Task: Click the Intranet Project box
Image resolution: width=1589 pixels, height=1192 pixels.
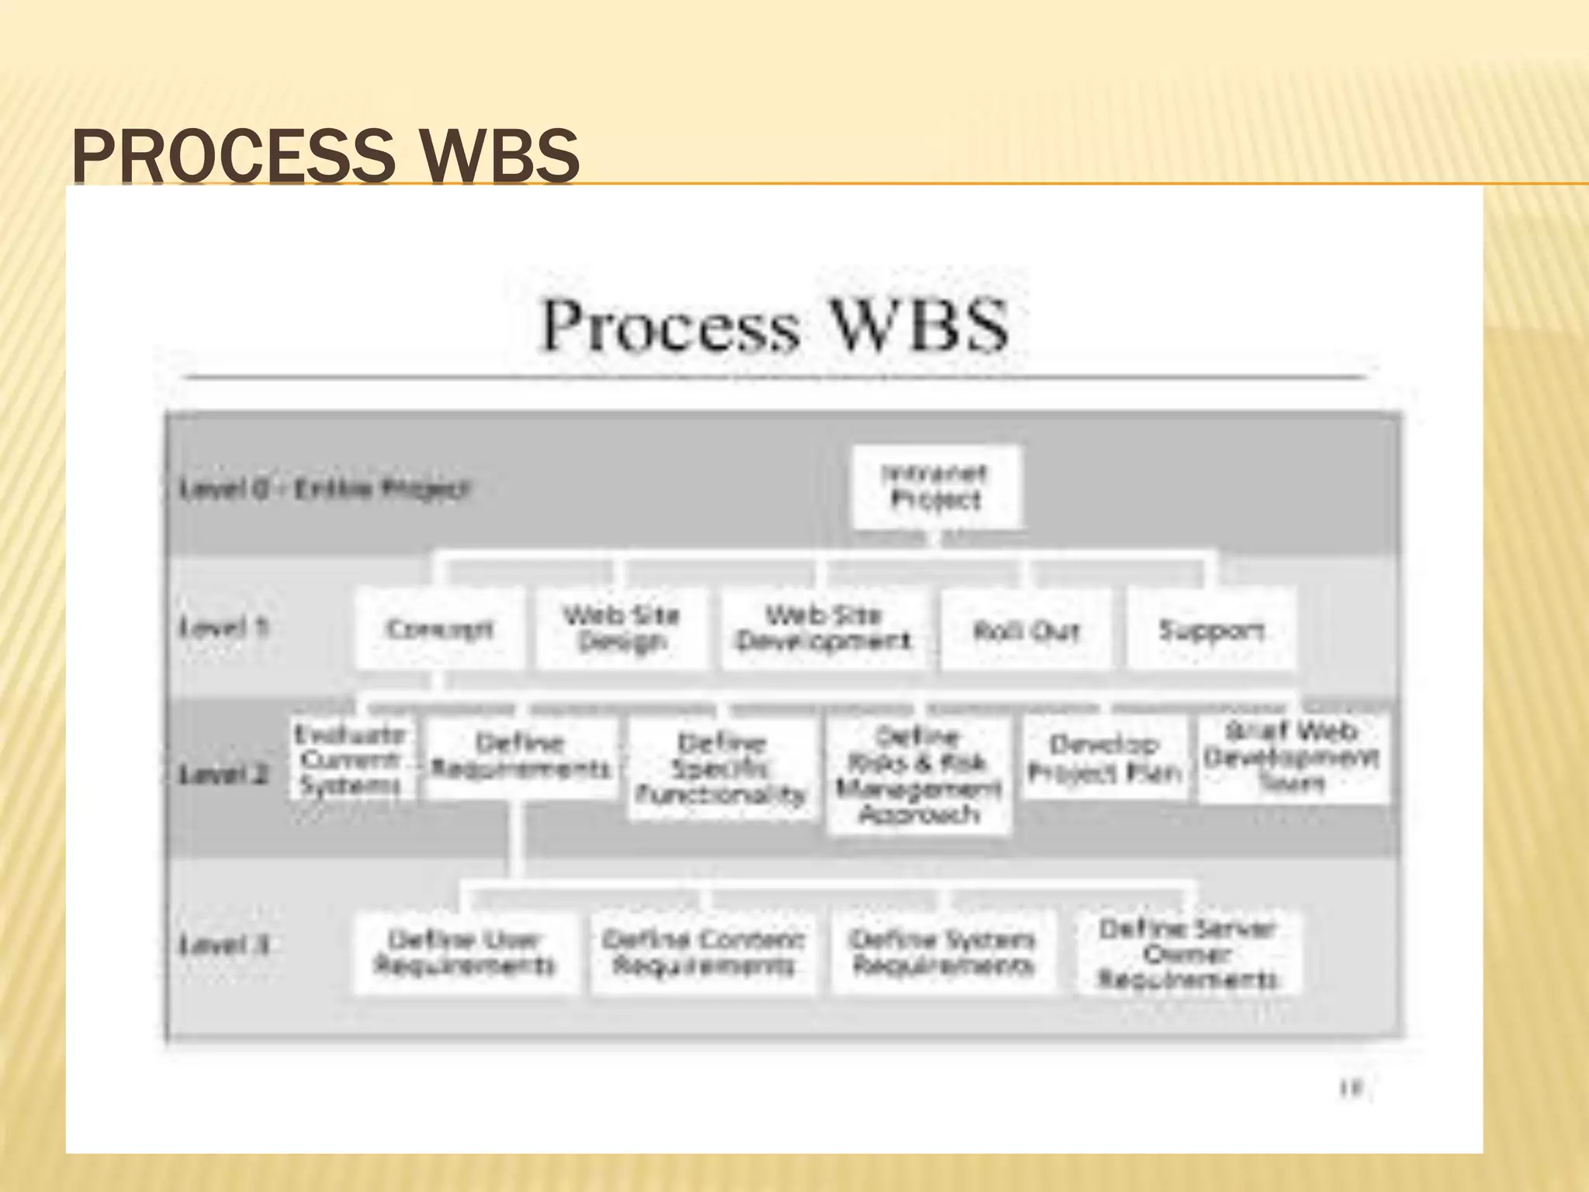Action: click(x=936, y=487)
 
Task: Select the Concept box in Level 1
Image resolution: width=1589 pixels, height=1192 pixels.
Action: click(x=439, y=629)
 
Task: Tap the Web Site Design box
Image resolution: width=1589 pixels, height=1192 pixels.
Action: click(x=621, y=629)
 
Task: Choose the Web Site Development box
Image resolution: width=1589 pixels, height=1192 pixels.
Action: click(x=824, y=629)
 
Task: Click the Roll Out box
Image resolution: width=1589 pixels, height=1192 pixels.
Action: click(x=1026, y=630)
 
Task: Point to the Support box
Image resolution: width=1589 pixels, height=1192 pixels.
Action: click(x=1211, y=630)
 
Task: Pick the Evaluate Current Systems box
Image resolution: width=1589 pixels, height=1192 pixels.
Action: click(x=351, y=760)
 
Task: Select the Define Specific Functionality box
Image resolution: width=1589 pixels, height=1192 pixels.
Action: click(x=722, y=768)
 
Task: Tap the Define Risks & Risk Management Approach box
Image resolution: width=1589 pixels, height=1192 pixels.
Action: click(x=919, y=775)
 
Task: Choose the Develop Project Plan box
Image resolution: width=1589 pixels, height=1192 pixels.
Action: click(x=1104, y=758)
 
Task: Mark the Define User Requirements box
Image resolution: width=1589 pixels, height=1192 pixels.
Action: click(x=466, y=953)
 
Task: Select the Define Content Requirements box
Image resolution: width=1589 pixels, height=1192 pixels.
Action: click(x=704, y=953)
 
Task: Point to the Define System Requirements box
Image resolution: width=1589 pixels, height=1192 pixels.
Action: click(x=943, y=953)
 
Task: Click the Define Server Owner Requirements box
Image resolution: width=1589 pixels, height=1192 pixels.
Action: click(x=1188, y=954)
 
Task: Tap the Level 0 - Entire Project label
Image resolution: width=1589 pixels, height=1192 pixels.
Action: click(x=325, y=489)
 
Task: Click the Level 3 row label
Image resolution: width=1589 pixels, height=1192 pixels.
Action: click(x=224, y=944)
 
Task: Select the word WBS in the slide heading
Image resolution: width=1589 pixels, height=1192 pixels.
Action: click(x=501, y=155)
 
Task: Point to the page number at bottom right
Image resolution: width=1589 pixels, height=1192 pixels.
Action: click(x=1351, y=1089)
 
